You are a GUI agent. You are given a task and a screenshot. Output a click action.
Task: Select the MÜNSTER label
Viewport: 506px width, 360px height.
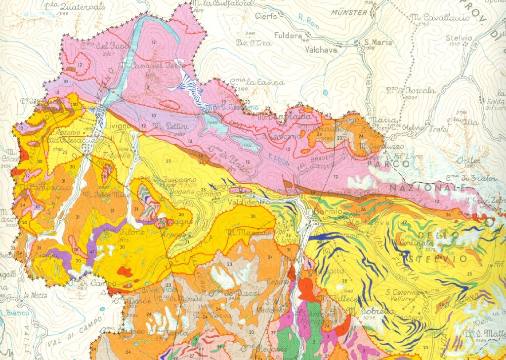click(x=350, y=12)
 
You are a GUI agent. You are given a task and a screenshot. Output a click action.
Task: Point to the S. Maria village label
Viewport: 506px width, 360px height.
click(x=378, y=42)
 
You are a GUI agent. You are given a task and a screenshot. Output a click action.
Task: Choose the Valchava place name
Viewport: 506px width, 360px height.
click(x=321, y=49)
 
